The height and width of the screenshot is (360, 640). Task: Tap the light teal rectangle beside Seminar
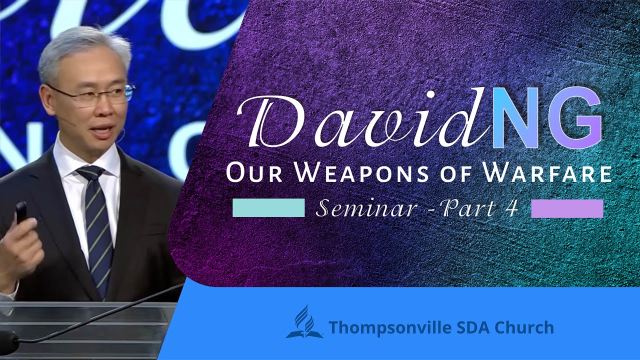tap(268, 208)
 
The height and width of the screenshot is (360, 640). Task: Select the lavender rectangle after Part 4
tap(567, 208)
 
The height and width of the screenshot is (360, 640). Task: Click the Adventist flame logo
tap(304, 322)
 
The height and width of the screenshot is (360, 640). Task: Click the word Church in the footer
tap(524, 327)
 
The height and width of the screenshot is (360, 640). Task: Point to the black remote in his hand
tap(21, 212)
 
